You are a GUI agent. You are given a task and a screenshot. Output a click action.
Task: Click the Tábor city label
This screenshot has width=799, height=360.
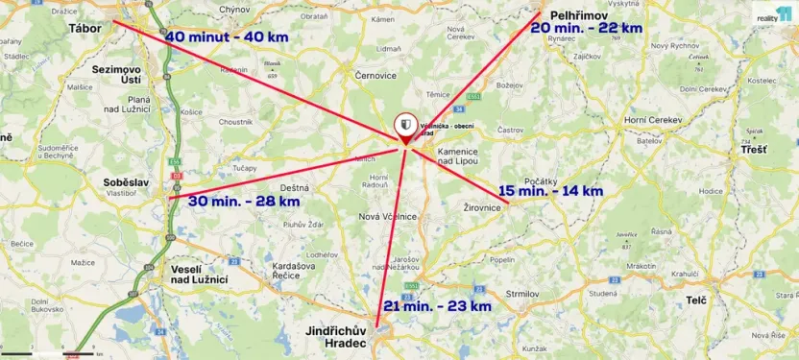pyautogui.click(x=85, y=28)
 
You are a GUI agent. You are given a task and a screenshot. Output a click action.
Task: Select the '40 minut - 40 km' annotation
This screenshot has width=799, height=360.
pyautogui.click(x=227, y=36)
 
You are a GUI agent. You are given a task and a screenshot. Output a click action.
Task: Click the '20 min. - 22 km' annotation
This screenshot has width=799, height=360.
pyautogui.click(x=586, y=28)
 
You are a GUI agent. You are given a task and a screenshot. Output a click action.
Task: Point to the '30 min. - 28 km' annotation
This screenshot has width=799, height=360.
pyautogui.click(x=244, y=201)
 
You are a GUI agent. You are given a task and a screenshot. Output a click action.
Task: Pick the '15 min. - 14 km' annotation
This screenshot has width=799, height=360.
pyautogui.click(x=550, y=191)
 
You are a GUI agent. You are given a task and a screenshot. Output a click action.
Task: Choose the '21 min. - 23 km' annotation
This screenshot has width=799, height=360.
pyautogui.click(x=437, y=306)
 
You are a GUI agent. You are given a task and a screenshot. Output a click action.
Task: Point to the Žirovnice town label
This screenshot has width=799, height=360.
pyautogui.click(x=483, y=207)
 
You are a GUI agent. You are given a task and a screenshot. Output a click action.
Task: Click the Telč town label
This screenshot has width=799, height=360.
pyautogui.click(x=696, y=300)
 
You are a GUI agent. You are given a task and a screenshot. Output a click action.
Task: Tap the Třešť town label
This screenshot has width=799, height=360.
pyautogui.click(x=754, y=151)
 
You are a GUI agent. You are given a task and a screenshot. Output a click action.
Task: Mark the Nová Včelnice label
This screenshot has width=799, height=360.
pyautogui.click(x=386, y=216)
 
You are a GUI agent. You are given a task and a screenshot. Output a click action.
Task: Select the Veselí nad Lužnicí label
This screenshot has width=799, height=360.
pyautogui.click(x=198, y=274)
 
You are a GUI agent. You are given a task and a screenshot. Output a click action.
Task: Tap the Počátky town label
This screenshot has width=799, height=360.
pyautogui.click(x=542, y=180)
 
